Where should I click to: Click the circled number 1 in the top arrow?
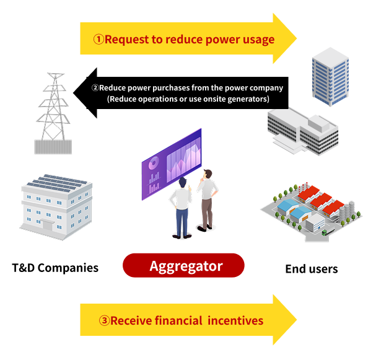[x=99, y=39]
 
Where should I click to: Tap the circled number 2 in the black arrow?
[x=95, y=88]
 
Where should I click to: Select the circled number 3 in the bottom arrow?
[x=104, y=320]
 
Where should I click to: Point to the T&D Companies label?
[x=55, y=268]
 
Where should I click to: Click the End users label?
[x=312, y=269]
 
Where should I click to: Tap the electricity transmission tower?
[x=53, y=113]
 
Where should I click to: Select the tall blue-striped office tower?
[x=330, y=77]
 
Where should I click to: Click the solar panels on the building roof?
[x=57, y=183]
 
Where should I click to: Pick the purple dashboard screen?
[x=172, y=164]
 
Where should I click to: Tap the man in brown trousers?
[x=207, y=200]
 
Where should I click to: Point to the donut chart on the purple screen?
[x=153, y=163]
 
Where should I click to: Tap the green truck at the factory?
[x=325, y=232]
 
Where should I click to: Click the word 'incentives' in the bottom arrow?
[x=235, y=320]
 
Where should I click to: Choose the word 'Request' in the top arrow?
[x=127, y=40]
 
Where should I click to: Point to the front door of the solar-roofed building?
[x=48, y=225]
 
